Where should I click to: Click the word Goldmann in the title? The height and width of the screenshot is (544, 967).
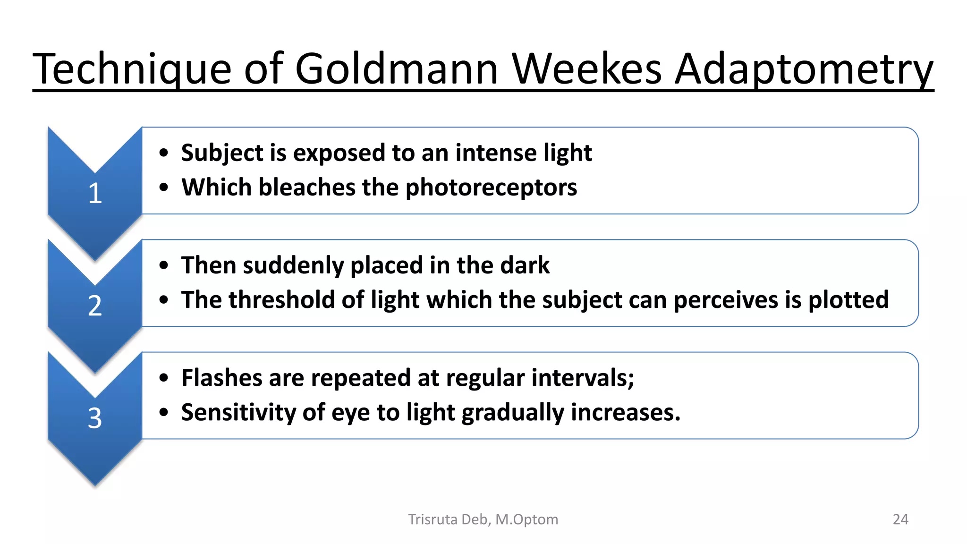(x=397, y=69)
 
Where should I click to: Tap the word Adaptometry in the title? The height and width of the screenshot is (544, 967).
(x=804, y=69)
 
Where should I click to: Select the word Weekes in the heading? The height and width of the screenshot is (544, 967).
(x=587, y=69)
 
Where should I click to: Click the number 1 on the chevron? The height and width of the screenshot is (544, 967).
(x=95, y=194)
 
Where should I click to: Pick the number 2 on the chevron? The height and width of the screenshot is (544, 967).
(x=95, y=306)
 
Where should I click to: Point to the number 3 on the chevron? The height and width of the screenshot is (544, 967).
(x=95, y=418)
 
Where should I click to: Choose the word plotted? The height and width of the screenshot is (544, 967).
(x=848, y=300)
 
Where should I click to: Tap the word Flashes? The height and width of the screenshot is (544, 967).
(x=221, y=378)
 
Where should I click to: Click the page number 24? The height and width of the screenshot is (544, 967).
(x=900, y=519)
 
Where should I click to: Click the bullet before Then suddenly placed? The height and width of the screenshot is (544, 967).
(x=164, y=265)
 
